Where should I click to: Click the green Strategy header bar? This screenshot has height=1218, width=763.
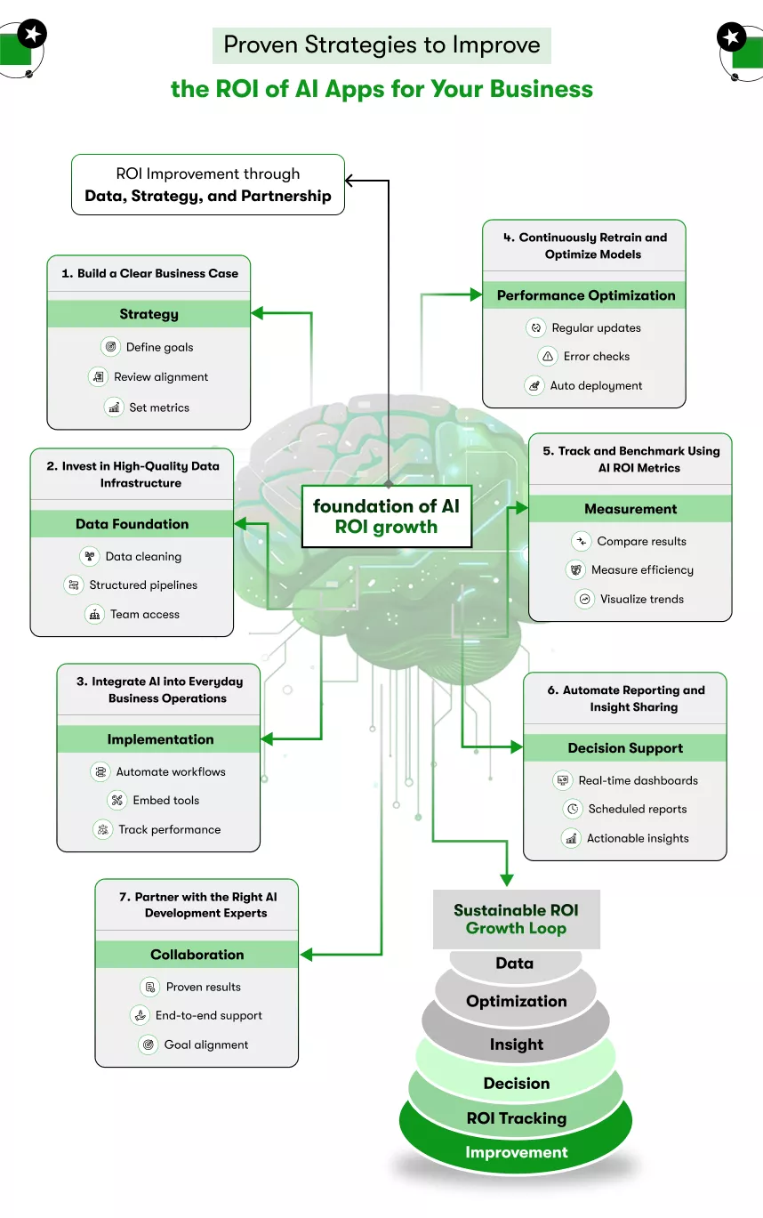tap(149, 314)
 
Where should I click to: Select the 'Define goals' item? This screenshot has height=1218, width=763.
tap(159, 347)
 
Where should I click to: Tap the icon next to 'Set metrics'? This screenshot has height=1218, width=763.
tap(114, 407)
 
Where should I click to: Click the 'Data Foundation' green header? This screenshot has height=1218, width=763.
tap(132, 524)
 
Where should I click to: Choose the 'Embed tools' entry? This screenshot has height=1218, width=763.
tap(165, 801)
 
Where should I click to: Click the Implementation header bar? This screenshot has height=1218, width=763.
tap(160, 739)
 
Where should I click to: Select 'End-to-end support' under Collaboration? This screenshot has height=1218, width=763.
tap(208, 1016)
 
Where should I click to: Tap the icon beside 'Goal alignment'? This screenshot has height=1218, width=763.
tap(149, 1045)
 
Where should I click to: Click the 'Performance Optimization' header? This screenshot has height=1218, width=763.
tap(585, 295)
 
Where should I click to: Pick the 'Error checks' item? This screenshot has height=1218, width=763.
tap(596, 357)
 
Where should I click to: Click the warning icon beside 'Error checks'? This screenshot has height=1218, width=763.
tap(548, 357)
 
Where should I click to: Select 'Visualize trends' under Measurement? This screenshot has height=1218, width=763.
tap(641, 600)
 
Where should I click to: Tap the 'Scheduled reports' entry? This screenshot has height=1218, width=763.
tap(637, 810)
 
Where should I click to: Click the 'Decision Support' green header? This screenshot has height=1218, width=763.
tap(625, 748)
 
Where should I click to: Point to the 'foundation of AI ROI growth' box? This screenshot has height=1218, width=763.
tap(386, 516)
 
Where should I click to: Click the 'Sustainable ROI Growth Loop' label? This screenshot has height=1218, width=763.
tap(516, 919)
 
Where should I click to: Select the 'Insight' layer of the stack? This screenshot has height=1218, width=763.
tap(516, 1045)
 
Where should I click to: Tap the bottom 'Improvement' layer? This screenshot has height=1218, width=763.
tap(516, 1153)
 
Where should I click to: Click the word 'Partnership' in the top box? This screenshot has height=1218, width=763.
tap(285, 197)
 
